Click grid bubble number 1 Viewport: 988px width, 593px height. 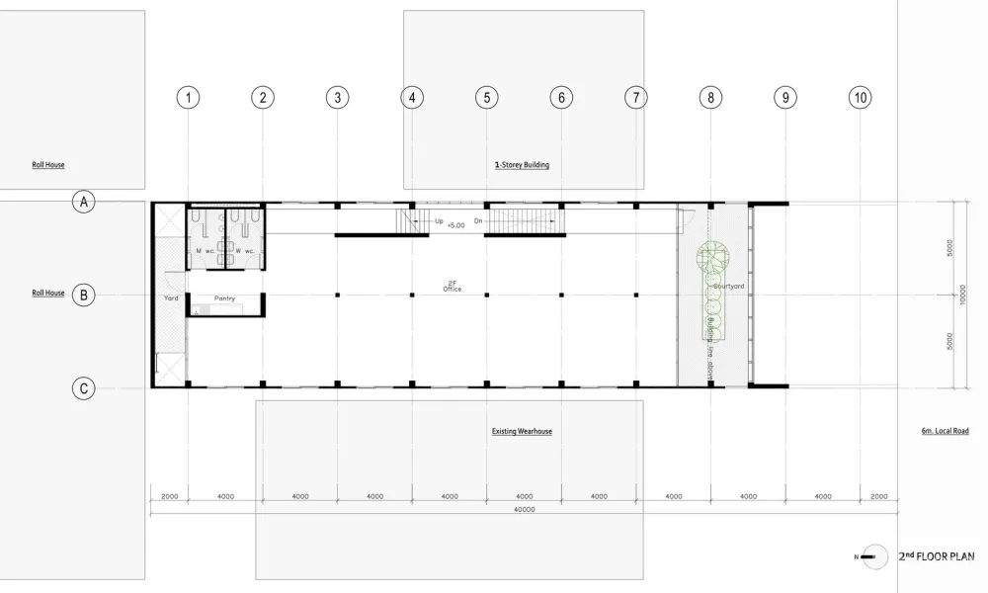[188, 97]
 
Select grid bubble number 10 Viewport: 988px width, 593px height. [860, 97]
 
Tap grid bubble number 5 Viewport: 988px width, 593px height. [485, 97]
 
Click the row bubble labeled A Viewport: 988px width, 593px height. [85, 202]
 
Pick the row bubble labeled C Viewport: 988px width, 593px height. [85, 389]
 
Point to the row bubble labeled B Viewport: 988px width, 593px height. [85, 294]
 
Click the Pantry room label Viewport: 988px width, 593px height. [224, 296]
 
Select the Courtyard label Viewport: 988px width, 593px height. [734, 286]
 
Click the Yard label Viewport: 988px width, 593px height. [170, 296]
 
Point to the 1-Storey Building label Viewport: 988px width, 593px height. [522, 165]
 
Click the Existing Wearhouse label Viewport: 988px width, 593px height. [521, 432]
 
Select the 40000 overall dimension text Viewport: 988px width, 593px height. [524, 509]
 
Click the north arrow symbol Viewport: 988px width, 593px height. [871, 557]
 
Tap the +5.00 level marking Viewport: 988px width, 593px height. [456, 226]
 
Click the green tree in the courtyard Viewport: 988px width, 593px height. [711, 258]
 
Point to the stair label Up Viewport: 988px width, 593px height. [439, 221]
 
